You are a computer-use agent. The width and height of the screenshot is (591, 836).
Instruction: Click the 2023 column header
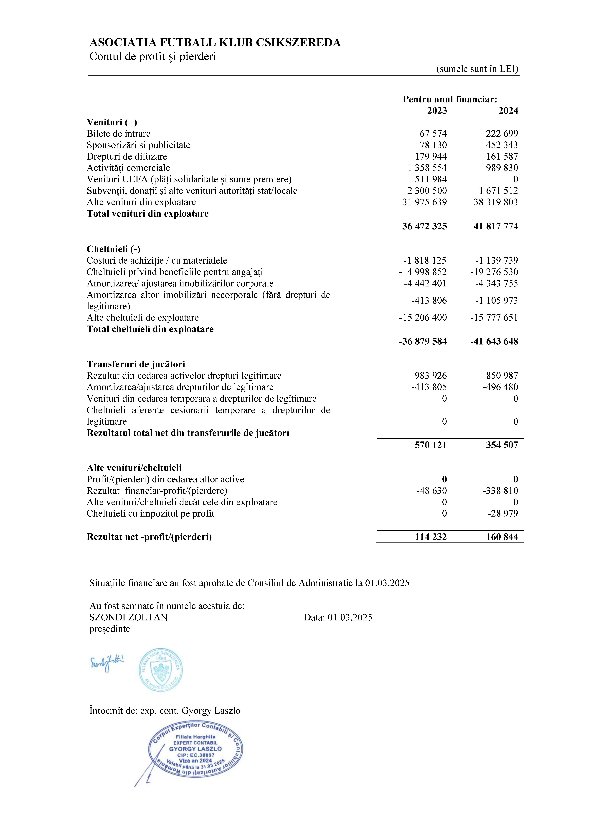click(x=437, y=111)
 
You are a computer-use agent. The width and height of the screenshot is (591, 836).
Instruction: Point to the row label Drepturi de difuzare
click(x=127, y=157)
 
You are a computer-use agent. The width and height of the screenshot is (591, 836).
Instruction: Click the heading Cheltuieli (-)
click(x=113, y=249)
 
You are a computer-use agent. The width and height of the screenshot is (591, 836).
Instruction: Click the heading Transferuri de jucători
click(x=136, y=364)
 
